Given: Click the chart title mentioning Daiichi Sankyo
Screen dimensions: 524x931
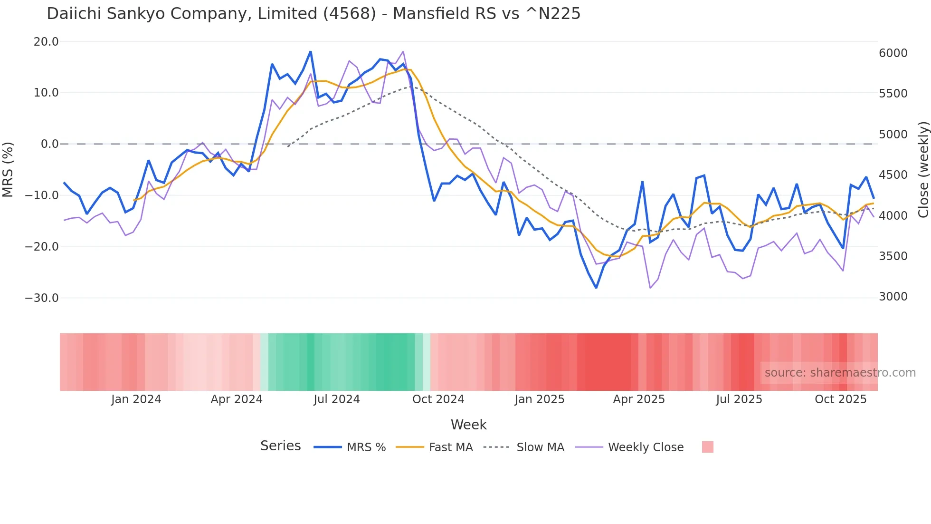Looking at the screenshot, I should [x=313, y=14].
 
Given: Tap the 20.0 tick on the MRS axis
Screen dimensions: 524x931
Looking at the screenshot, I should [x=46, y=42].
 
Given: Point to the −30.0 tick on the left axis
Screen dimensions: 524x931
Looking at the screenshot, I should [x=42, y=298].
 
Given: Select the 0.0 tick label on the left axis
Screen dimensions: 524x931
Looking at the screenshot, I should [x=49, y=144].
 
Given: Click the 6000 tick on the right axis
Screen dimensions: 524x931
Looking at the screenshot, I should [x=893, y=53].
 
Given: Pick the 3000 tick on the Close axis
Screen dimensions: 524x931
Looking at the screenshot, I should [x=893, y=297].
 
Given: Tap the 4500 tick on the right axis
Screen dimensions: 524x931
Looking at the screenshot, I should [x=893, y=175].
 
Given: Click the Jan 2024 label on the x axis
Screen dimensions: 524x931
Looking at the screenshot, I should [x=136, y=399].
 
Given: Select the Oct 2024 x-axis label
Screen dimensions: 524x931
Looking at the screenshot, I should [x=438, y=399].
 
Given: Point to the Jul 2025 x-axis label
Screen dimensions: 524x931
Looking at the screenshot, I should [x=739, y=399].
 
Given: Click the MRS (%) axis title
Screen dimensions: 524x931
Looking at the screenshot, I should [x=8, y=169].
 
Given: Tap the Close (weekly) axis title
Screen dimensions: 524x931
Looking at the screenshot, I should [x=923, y=170].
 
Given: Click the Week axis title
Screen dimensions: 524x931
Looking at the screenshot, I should [x=468, y=425].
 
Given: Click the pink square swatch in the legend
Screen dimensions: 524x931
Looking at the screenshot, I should [x=707, y=447].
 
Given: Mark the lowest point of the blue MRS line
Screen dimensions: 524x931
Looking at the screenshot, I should [x=596, y=288].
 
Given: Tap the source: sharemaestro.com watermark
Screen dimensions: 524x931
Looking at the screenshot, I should [x=840, y=373].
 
